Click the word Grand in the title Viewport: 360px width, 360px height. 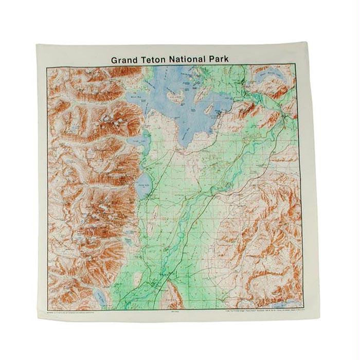tap(124, 60)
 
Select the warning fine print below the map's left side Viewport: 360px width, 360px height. tap(77, 312)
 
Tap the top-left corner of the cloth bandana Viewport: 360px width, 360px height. tap(37, 45)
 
